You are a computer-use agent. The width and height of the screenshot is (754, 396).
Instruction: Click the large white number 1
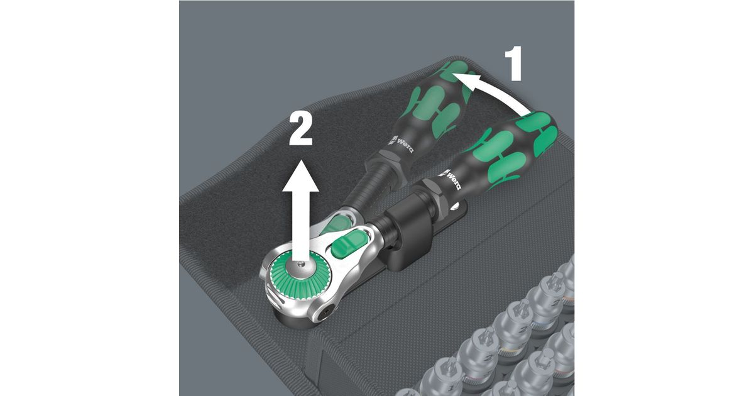pos(513,63)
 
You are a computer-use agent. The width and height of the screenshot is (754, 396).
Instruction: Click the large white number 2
pos(300,129)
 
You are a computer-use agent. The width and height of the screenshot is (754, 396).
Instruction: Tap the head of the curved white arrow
pos(466,82)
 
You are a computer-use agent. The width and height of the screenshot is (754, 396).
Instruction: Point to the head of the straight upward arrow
pos(300,176)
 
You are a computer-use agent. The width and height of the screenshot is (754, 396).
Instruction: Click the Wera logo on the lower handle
pos(452,180)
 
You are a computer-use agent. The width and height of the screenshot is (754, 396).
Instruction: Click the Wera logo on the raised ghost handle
pos(402,143)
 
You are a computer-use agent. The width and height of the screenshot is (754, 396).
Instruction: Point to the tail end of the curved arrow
pos(528,114)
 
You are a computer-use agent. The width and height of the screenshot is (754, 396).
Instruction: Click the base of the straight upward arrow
pos(300,258)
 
